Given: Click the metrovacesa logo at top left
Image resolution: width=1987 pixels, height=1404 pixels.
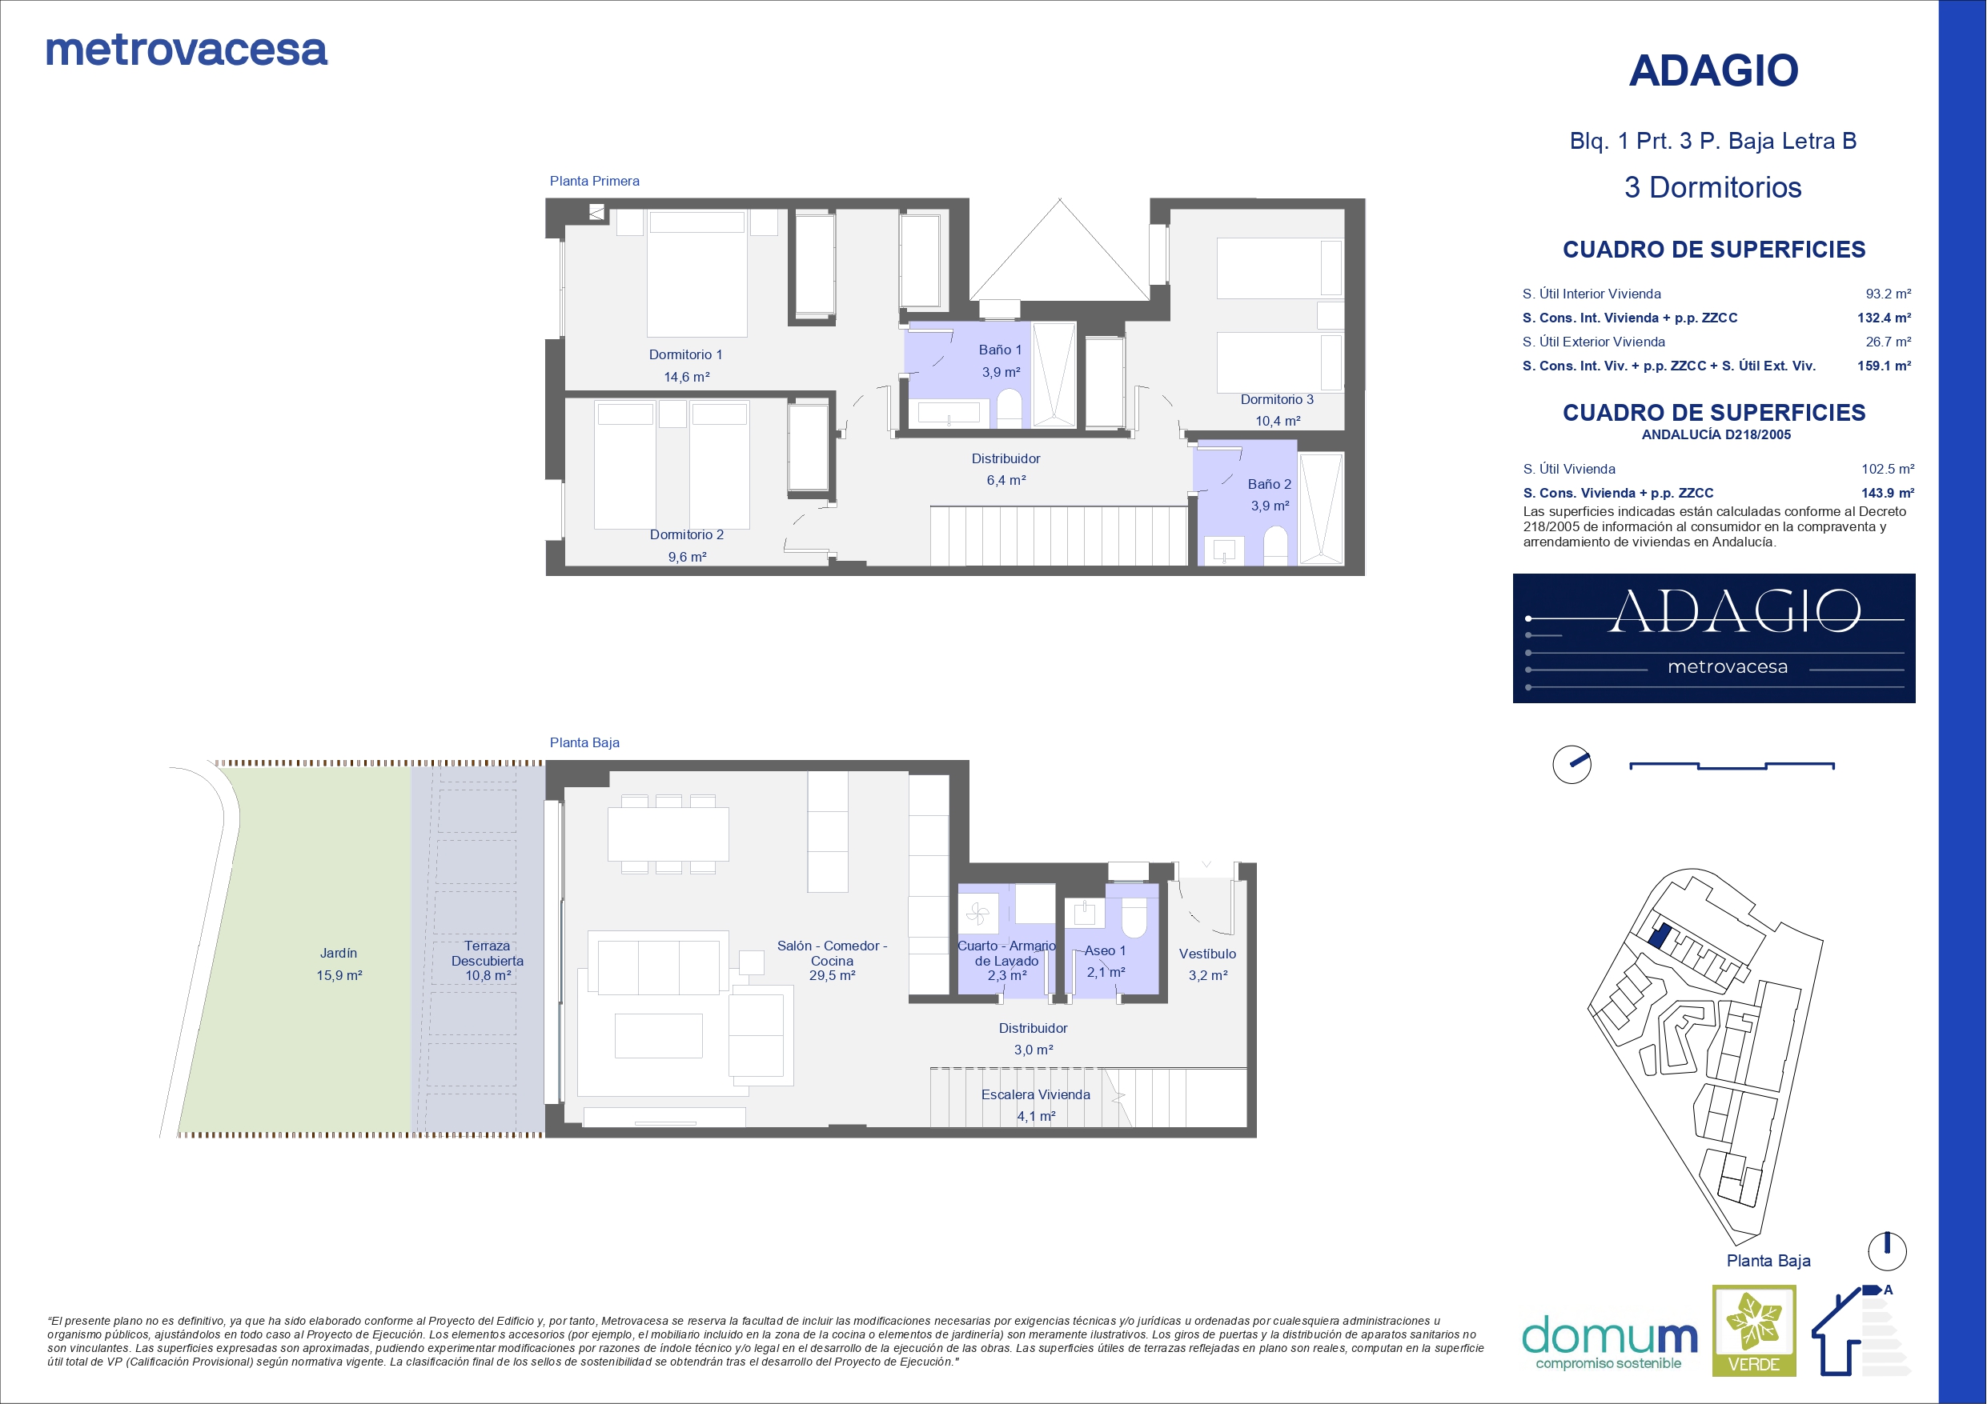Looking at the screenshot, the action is click(186, 50).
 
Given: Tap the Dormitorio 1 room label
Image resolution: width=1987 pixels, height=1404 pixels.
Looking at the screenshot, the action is click(685, 354).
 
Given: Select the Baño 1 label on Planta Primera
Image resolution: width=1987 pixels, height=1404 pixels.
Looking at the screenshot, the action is click(1001, 350).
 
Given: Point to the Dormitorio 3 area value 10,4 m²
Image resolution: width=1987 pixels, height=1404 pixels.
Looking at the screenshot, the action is click(1279, 422).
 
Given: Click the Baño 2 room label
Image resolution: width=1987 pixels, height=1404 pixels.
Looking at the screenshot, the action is click(1270, 485).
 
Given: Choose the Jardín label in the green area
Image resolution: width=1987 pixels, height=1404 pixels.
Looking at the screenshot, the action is click(339, 954).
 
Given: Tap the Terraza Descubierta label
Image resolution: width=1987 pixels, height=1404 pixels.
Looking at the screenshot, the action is click(488, 954).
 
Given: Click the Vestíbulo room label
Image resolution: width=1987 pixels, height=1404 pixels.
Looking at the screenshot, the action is click(1207, 954).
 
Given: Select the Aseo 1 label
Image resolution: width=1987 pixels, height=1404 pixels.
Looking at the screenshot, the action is click(1105, 950).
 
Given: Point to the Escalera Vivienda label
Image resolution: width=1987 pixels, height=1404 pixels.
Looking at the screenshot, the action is click(1036, 1094).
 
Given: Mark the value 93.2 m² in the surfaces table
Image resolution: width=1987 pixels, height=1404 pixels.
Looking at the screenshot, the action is click(1889, 294).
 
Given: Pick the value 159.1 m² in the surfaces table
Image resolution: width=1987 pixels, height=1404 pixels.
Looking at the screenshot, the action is click(1884, 366).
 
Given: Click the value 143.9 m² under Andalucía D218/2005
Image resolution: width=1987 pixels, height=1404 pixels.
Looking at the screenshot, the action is click(1888, 493).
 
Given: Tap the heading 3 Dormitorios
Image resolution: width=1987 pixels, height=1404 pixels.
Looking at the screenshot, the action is click(1712, 188).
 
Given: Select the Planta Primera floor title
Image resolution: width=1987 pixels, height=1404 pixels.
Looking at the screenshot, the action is click(595, 181).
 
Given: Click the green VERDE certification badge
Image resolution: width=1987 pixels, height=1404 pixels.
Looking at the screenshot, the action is click(1754, 1330).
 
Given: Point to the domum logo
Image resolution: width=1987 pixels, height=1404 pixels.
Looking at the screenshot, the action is click(1610, 1342).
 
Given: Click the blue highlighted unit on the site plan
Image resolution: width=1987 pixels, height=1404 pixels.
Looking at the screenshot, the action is click(1659, 935).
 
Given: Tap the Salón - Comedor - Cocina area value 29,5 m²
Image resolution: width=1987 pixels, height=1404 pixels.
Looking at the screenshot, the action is click(833, 976).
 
